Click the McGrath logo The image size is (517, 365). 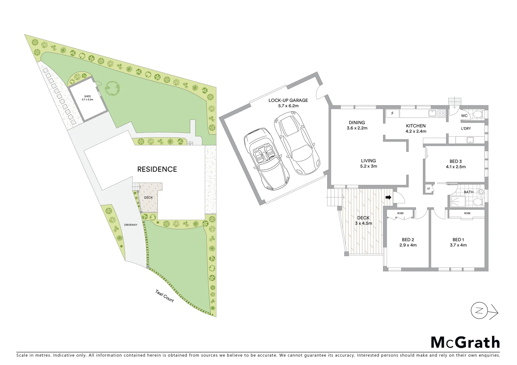pyautogui.click(x=465, y=342)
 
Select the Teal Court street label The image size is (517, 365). pyautogui.click(x=164, y=296)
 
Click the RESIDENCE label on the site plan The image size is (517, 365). pyautogui.click(x=157, y=169)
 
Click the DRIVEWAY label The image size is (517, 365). pyautogui.click(x=131, y=225)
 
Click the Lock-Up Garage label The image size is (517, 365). pyautogui.click(x=288, y=100)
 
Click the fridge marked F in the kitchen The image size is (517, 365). pyautogui.click(x=392, y=114)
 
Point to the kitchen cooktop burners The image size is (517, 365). pyautogui.click(x=442, y=114)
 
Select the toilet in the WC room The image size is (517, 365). pyautogui.click(x=477, y=114)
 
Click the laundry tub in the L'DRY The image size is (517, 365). pyautogui.click(x=470, y=140)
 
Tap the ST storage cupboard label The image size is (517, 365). pyautogui.click(x=428, y=189)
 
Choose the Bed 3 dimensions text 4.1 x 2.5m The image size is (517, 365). pyautogui.click(x=456, y=167)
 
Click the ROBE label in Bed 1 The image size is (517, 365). pyautogui.click(x=467, y=213)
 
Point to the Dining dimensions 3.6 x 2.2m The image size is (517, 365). pyautogui.click(x=357, y=128)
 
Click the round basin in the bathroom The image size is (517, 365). pyautogui.click(x=481, y=192)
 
